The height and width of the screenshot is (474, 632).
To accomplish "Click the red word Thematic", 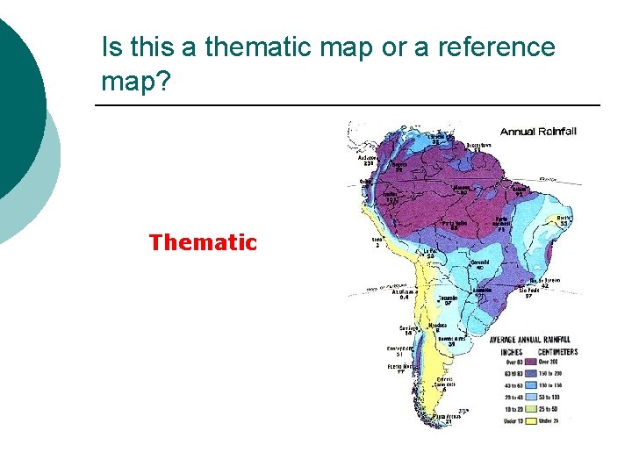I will coord(203,242).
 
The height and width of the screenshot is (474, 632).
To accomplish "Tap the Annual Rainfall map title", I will coord(538,132).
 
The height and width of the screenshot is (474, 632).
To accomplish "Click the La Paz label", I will coord(431,253).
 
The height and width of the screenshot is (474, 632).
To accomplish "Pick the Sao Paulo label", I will coord(528,291).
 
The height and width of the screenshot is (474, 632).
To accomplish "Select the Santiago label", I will coord(408,328).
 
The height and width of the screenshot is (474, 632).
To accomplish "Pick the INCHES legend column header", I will coord(511,351).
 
